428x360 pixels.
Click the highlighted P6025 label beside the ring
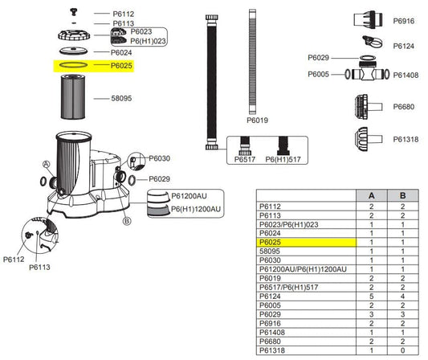tap(121, 66)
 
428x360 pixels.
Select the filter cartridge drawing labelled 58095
tap(73, 96)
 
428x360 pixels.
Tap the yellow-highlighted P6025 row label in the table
tap(270, 242)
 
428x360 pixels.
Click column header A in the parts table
tap(371, 195)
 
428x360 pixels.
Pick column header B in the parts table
tap(402, 195)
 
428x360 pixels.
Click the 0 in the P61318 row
tap(402, 350)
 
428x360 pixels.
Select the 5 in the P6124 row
tap(371, 296)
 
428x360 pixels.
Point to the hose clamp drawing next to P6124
tap(372, 42)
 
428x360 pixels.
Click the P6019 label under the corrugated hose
tap(257, 121)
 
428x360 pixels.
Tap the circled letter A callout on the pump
tap(47, 164)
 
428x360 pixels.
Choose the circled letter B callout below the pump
tap(127, 221)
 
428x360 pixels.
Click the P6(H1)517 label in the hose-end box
tap(283, 159)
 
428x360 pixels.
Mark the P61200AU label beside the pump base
tap(189, 196)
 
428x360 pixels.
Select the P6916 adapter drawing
tap(368, 19)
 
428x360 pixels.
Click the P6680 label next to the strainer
tap(403, 107)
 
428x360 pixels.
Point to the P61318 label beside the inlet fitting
tap(406, 139)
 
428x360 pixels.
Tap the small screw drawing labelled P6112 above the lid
tap(73, 12)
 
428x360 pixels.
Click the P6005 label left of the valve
tap(318, 74)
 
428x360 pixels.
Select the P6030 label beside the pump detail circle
tap(160, 158)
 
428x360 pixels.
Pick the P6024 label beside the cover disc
tap(121, 52)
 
